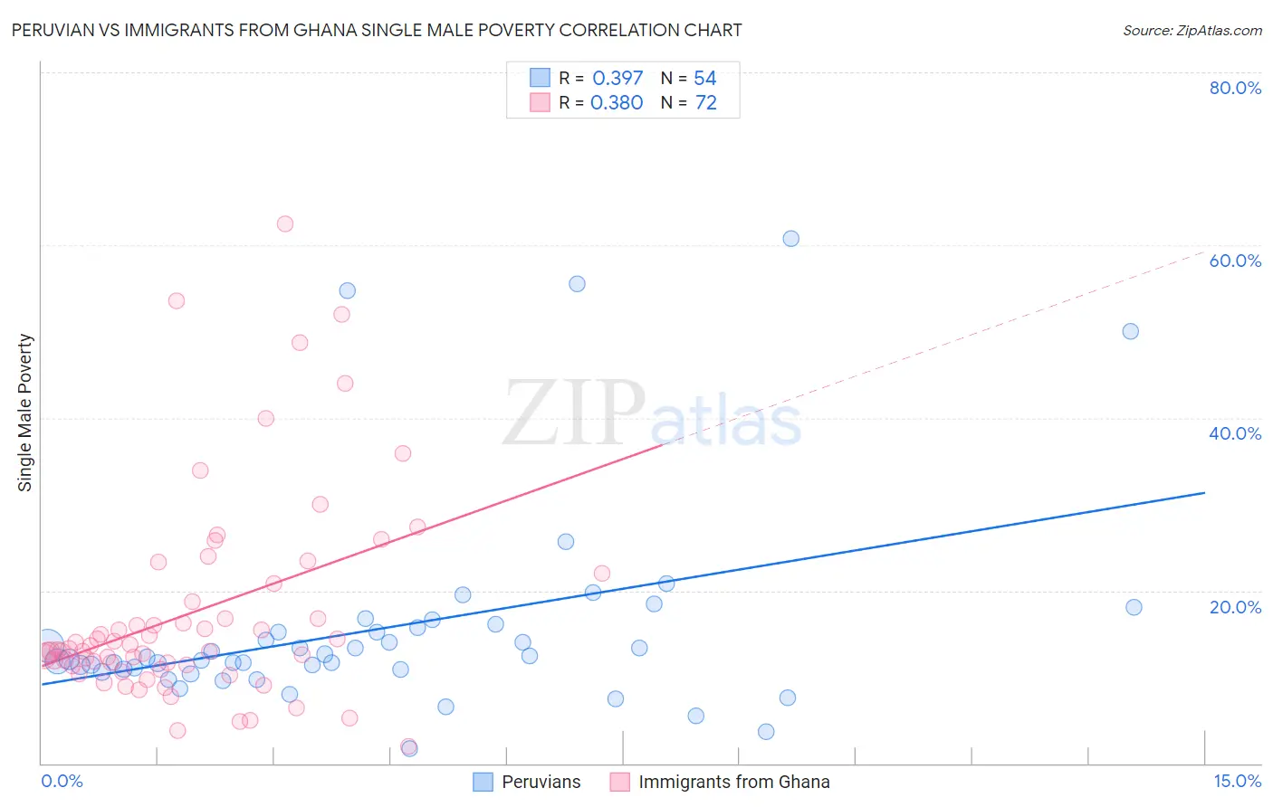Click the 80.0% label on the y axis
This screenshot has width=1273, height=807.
pos(1235,88)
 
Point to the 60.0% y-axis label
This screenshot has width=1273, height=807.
pos(1235,261)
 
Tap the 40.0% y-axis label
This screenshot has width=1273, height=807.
pos(1235,433)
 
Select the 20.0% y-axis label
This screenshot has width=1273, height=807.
pos(1235,607)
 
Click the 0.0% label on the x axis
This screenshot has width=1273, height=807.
pos(62,782)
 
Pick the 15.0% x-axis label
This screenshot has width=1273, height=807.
pos(1237,782)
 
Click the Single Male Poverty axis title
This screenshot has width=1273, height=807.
pos(25,413)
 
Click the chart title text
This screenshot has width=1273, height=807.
pos(377,30)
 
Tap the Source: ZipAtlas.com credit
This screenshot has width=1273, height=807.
pos(1192,30)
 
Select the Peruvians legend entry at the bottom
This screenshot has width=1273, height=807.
pos(541,782)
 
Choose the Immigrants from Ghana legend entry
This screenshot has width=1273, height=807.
pos(733,782)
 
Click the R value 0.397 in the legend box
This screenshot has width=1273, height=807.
pos(617,79)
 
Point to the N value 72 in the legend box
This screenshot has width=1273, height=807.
pos(706,103)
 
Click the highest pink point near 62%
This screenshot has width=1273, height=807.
pos(285,223)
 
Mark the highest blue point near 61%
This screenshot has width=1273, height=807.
pos(791,239)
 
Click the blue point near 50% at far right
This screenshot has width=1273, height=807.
pos(1131,331)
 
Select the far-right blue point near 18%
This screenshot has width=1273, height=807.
pos(1134,607)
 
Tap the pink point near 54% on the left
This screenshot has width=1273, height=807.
pos(177,300)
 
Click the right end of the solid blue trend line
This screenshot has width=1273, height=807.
pos(1204,492)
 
